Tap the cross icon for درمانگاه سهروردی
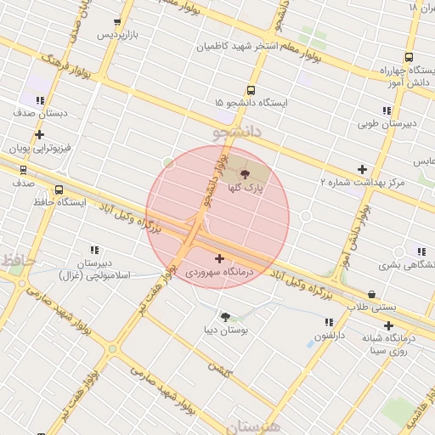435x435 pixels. [220, 258]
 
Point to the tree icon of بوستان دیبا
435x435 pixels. [225, 317]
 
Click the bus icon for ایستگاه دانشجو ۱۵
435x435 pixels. [251, 90]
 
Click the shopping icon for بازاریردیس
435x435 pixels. [117, 23]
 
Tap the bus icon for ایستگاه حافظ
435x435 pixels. [59, 190]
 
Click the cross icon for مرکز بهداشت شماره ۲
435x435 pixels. [362, 169]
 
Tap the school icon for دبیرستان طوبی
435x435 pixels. [387, 110]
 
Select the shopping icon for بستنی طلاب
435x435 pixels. [372, 294]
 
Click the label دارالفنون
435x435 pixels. [330, 336]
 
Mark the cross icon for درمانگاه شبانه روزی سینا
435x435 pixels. [388, 325]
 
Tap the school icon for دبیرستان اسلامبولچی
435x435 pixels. [94, 250]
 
